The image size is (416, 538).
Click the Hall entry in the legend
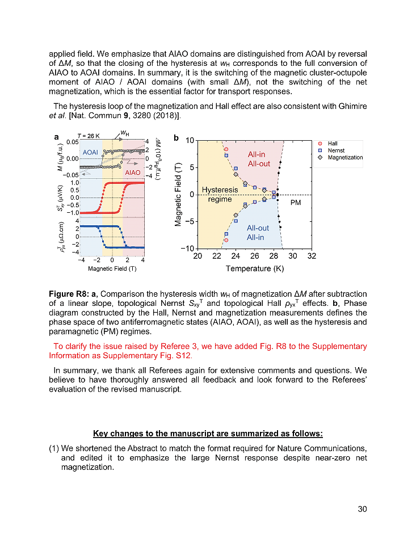click(332, 144)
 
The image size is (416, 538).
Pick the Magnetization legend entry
click(344, 157)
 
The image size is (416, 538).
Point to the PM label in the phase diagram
click(295, 202)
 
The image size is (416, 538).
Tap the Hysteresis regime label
click(220, 194)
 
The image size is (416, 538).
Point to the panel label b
click(176, 138)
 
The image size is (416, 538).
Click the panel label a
click(56, 137)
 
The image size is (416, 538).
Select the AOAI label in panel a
click(91, 153)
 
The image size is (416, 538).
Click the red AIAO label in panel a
click(132, 172)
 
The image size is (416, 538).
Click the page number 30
click(362, 508)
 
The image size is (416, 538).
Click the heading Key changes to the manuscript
click(208, 434)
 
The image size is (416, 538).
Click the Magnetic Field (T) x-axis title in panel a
click(112, 268)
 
